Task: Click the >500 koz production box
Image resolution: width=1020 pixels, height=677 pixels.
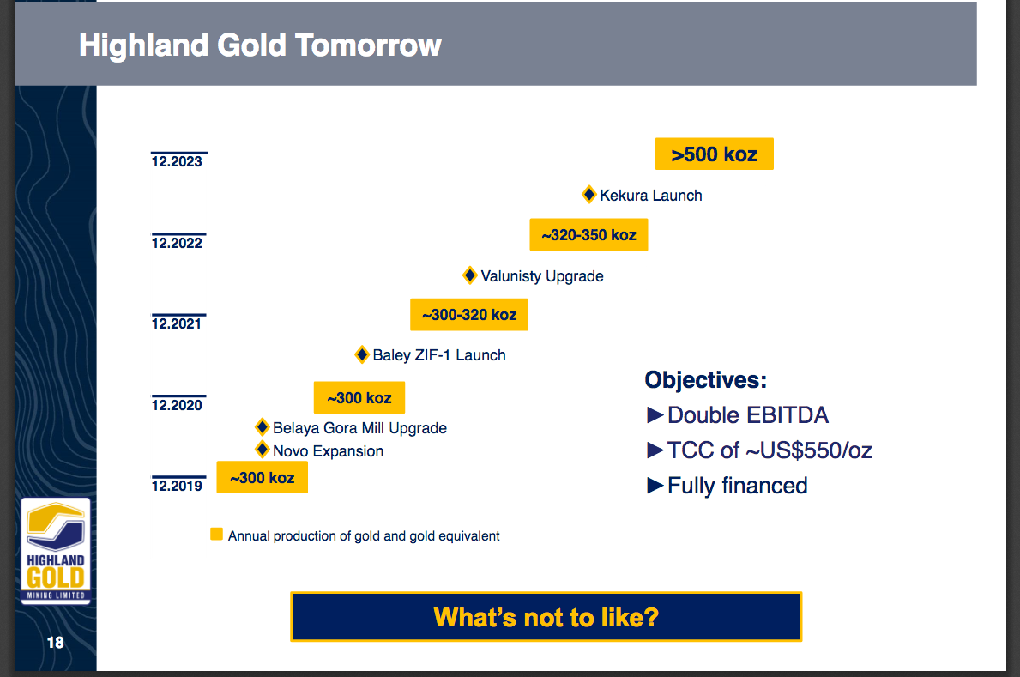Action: pos(715,154)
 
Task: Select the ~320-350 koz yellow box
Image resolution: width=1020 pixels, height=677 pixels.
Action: pos(588,234)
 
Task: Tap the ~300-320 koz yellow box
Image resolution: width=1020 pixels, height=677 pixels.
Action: pos(469,314)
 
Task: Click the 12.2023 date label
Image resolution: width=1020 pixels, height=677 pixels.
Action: pos(177,160)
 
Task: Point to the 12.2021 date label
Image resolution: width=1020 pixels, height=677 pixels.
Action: pos(177,323)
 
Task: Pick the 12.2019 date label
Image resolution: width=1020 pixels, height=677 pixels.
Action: pos(177,485)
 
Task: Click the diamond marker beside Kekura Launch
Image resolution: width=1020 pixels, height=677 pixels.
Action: pos(588,195)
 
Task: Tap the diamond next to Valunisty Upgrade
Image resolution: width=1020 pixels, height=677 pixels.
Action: pos(469,275)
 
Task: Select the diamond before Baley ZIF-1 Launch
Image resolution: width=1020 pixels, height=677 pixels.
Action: pos(362,354)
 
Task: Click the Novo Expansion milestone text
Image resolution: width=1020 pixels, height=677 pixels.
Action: pos(328,451)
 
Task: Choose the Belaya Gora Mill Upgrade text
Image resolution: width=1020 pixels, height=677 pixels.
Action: pos(359,427)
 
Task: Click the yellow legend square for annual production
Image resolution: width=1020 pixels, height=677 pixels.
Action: pos(217,535)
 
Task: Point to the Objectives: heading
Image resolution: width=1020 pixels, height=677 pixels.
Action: pos(706,379)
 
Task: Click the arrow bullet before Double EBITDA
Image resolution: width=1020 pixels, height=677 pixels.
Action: pos(655,415)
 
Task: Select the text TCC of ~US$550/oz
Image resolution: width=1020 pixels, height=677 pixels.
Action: pos(770,450)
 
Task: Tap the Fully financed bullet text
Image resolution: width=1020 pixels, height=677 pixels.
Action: pos(738,486)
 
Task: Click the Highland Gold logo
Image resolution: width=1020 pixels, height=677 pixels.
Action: pos(56,551)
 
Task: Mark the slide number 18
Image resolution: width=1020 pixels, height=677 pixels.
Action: pos(55,643)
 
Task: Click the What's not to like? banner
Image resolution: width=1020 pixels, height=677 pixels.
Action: pos(546,616)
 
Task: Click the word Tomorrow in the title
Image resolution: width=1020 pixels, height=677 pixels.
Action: pos(368,45)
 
